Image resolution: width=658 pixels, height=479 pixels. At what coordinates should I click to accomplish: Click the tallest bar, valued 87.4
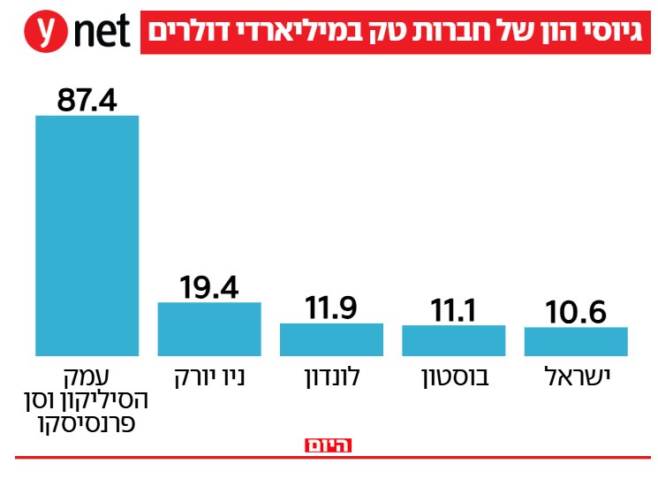pyautogui.click(x=87, y=235)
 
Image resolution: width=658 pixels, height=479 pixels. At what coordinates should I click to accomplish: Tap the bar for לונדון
pyautogui.click(x=331, y=339)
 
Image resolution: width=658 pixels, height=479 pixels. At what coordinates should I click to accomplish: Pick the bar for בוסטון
pyautogui.click(x=453, y=340)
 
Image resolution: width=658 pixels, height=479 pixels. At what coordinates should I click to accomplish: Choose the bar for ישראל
pyautogui.click(x=575, y=341)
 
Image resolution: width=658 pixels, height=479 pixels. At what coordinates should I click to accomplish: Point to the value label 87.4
pyautogui.click(x=87, y=99)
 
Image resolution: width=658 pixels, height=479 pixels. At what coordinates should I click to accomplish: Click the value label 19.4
pyautogui.click(x=209, y=286)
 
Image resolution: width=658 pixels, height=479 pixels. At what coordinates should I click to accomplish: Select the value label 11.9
pyautogui.click(x=331, y=308)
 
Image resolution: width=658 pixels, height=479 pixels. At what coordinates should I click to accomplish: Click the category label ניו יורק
pyautogui.click(x=209, y=377)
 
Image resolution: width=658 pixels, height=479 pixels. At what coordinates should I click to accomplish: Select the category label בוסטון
pyautogui.click(x=453, y=377)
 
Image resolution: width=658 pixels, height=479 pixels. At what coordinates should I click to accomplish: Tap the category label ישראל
pyautogui.click(x=575, y=377)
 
